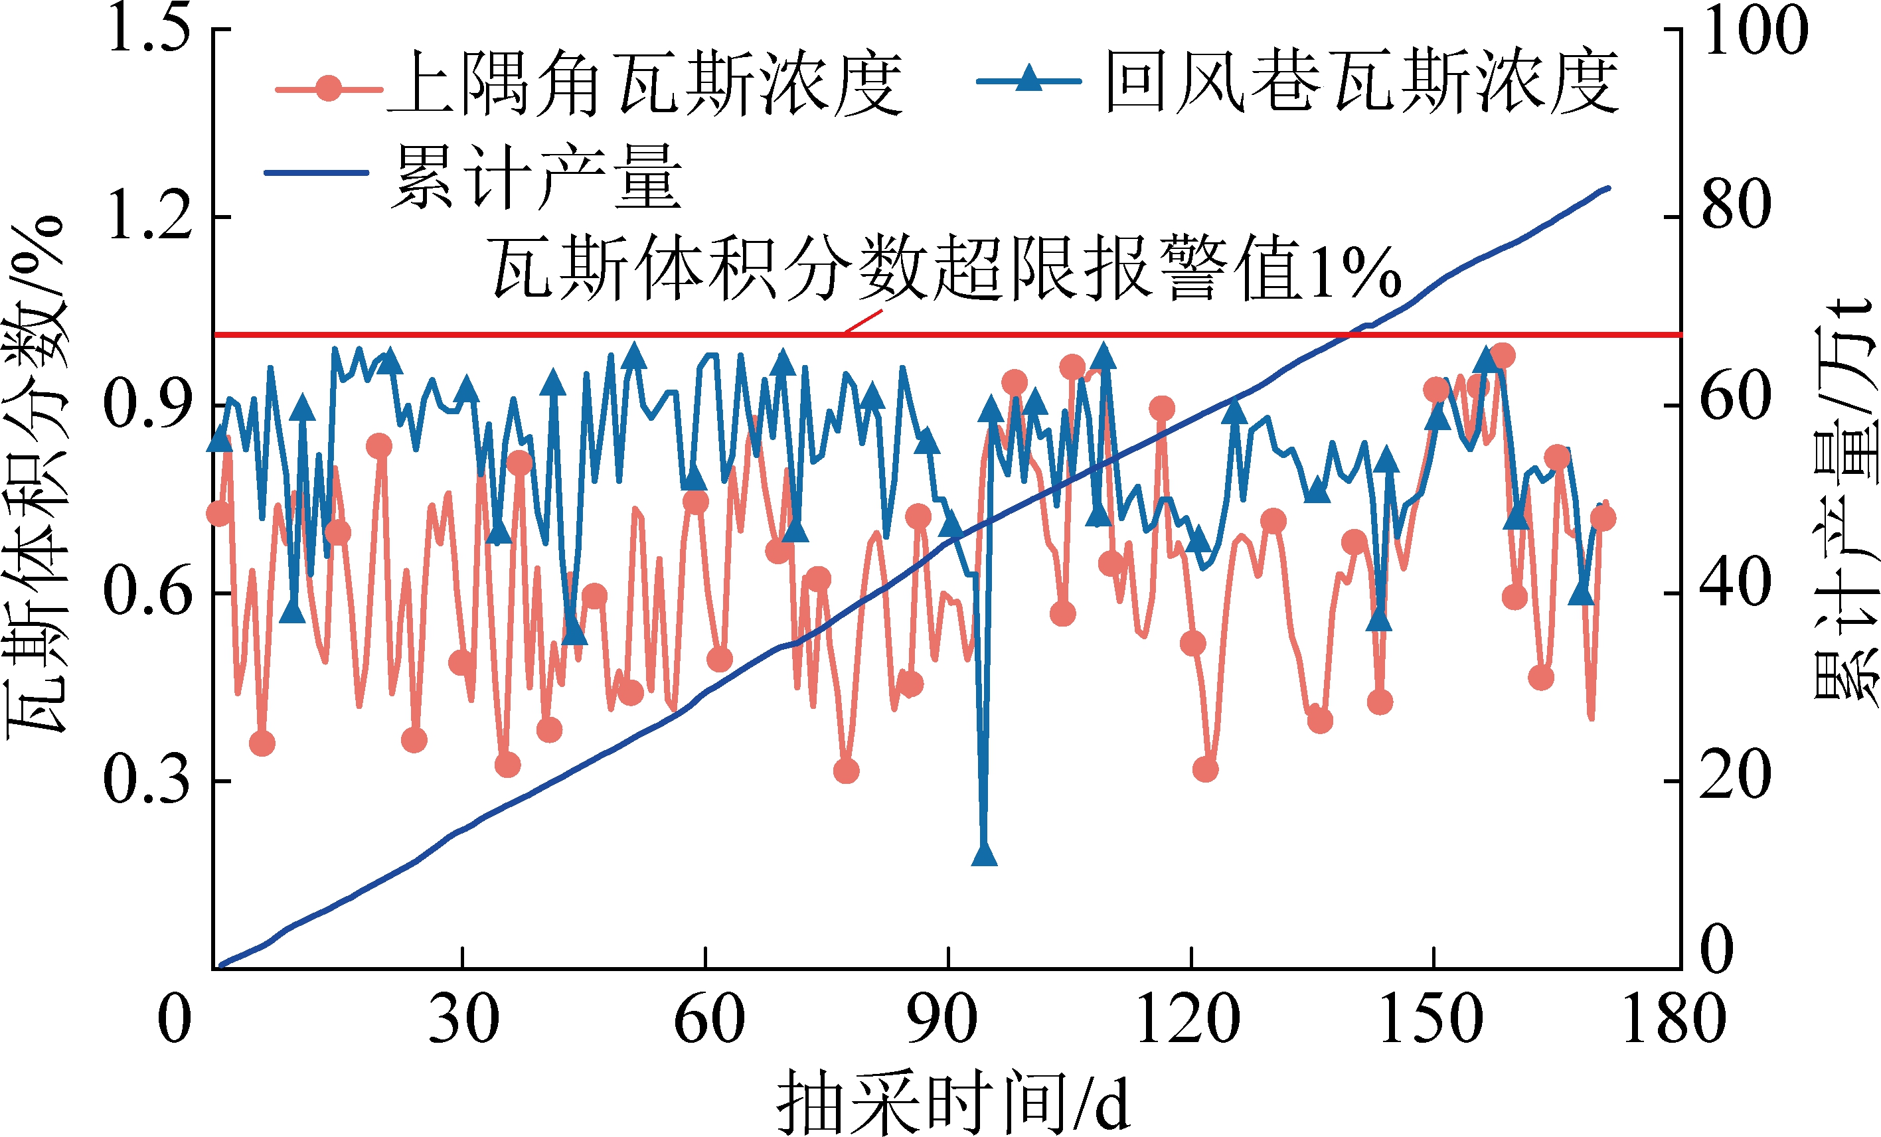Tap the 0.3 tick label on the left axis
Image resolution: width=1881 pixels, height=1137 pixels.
click(147, 781)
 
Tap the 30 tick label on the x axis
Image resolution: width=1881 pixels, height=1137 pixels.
click(463, 1020)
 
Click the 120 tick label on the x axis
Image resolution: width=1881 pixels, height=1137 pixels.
click(1188, 1020)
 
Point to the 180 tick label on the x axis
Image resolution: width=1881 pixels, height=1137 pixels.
click(1673, 1020)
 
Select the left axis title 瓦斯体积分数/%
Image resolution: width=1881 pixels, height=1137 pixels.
click(37, 477)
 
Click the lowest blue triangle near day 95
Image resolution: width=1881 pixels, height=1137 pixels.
click(985, 855)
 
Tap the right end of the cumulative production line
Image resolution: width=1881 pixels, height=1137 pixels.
click(1609, 188)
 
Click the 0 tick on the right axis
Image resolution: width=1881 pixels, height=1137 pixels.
click(1718, 950)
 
